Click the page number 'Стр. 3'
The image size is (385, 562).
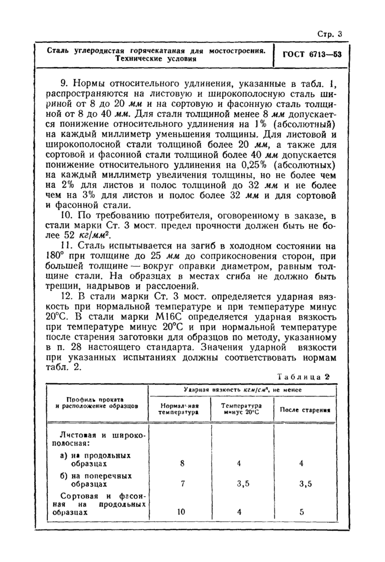pyautogui.click(x=330, y=34)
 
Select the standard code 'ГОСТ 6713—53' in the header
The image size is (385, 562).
pyautogui.click(x=312, y=55)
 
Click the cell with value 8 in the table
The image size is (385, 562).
pyautogui.click(x=182, y=463)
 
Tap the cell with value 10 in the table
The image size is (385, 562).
pyautogui.click(x=182, y=511)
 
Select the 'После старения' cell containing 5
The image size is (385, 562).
pyautogui.click(x=301, y=511)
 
